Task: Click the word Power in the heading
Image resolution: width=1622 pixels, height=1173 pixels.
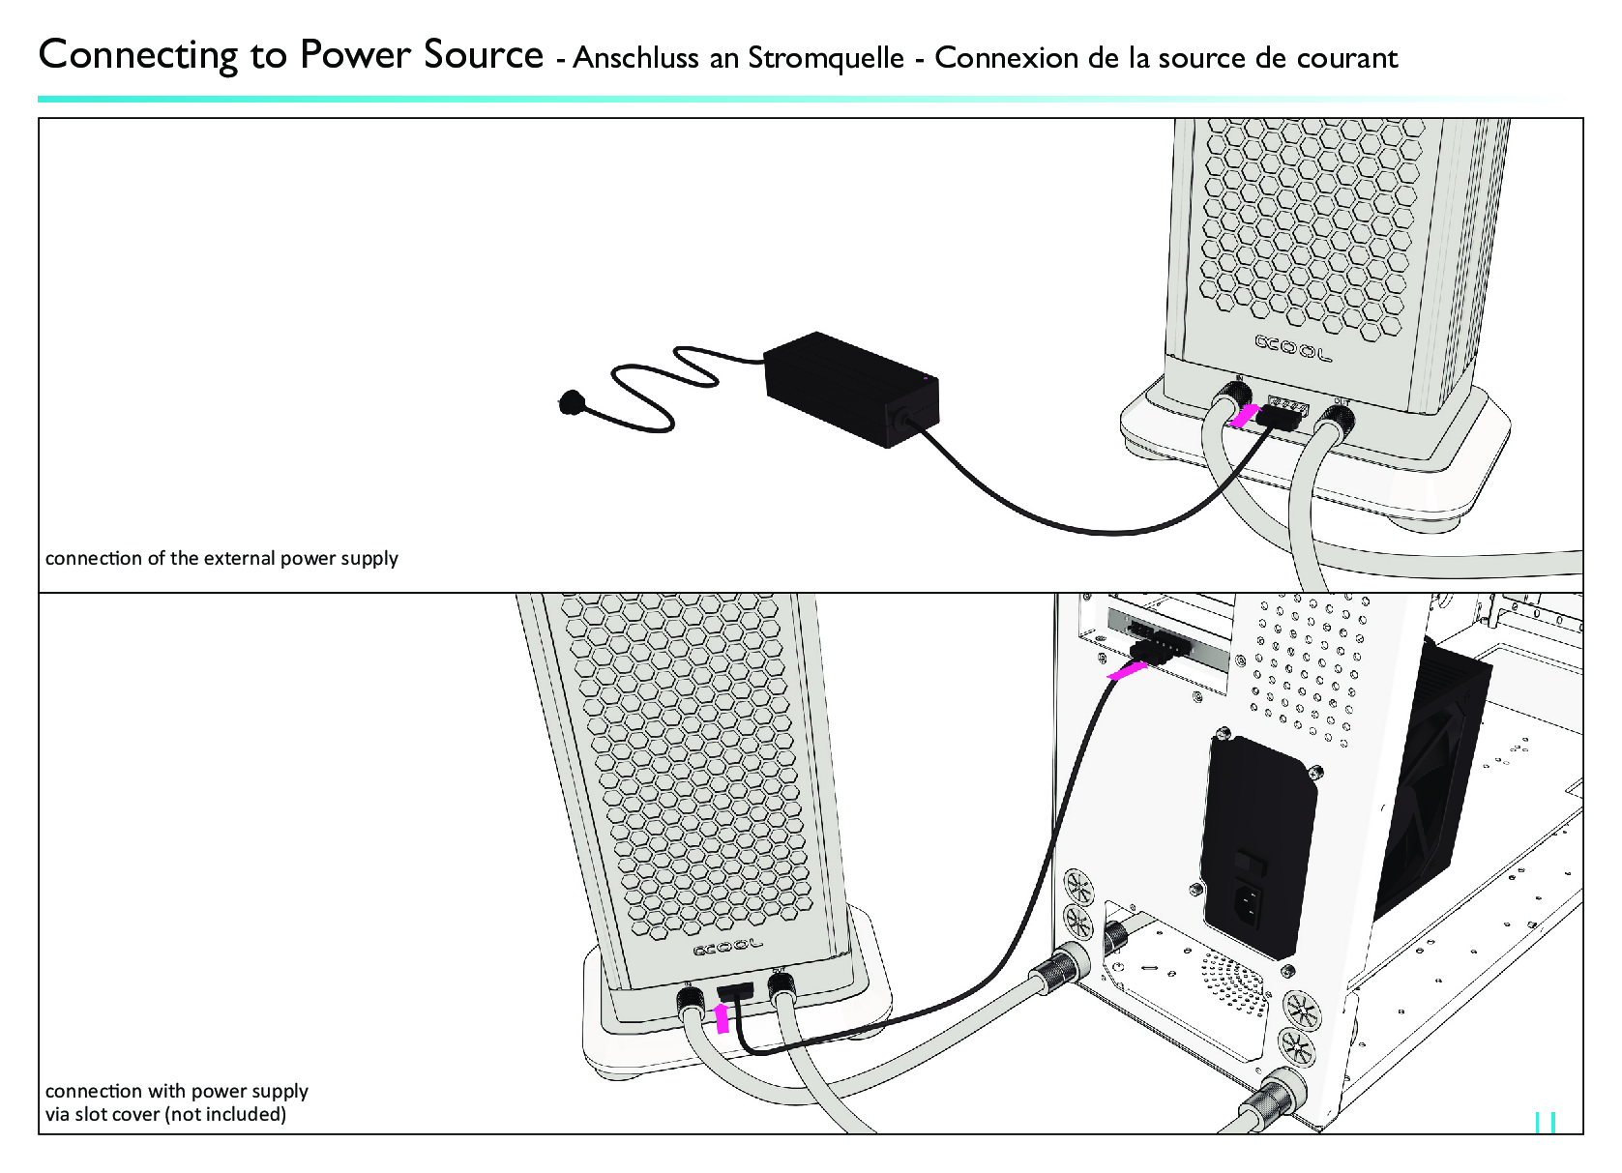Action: coord(355,55)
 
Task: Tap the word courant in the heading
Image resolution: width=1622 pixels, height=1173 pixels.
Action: coord(1346,58)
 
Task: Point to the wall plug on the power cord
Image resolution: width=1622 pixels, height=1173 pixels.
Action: coord(571,400)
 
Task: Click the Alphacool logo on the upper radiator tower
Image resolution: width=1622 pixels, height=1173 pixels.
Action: coord(1292,347)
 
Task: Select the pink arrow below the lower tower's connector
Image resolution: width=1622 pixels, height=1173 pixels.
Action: coord(721,1017)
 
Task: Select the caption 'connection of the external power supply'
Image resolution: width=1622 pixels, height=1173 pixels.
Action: coord(221,558)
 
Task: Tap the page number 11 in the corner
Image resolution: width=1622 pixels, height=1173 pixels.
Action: coord(1545,1122)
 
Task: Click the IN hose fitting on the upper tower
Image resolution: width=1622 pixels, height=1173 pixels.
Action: coord(1232,398)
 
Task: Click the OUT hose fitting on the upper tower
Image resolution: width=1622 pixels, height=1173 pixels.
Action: coord(1338,421)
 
